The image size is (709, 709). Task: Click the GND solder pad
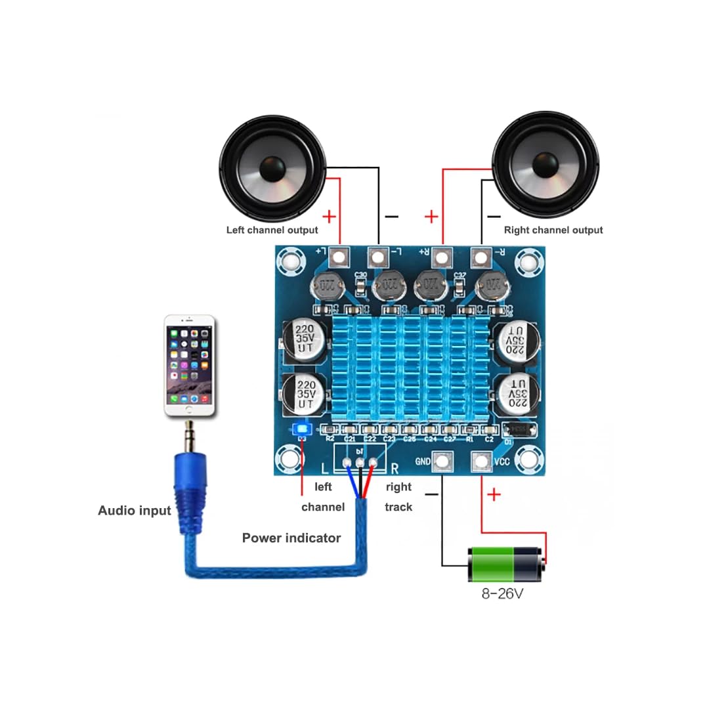coord(442,461)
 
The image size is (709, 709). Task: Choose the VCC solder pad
coord(483,461)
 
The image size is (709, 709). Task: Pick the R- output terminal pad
coord(483,256)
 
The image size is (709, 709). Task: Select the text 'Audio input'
coord(135,510)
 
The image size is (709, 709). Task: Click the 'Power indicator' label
coord(291,538)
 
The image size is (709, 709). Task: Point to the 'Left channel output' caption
coord(272,230)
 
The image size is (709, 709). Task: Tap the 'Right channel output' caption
coord(553,230)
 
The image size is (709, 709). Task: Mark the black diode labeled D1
coord(520,431)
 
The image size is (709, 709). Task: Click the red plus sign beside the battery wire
coord(494,494)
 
